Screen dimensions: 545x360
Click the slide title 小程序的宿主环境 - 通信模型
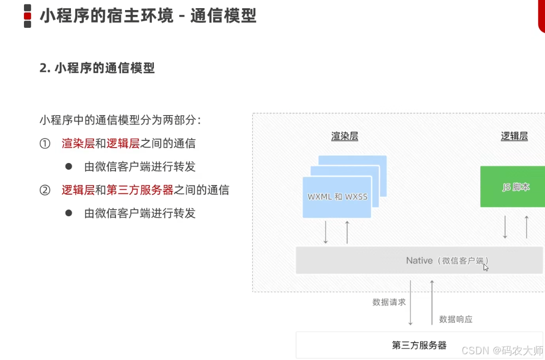point(148,15)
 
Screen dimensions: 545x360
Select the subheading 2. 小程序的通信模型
point(97,68)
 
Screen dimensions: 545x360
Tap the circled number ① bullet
point(45,143)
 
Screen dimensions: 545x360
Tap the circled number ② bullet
point(45,190)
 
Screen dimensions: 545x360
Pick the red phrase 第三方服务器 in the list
point(139,190)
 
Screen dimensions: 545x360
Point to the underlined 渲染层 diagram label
point(345,136)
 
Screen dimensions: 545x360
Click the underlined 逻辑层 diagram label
point(514,136)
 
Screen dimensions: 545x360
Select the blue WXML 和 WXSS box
point(337,197)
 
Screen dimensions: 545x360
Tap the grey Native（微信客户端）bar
point(417,260)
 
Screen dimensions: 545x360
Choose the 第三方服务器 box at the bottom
point(419,345)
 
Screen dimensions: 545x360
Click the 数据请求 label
point(389,302)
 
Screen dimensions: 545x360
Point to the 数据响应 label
point(456,319)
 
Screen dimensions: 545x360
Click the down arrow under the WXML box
point(326,232)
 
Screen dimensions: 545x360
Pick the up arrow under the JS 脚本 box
point(526,227)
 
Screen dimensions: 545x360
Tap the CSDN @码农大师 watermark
point(503,350)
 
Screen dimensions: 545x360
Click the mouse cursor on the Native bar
point(486,267)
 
